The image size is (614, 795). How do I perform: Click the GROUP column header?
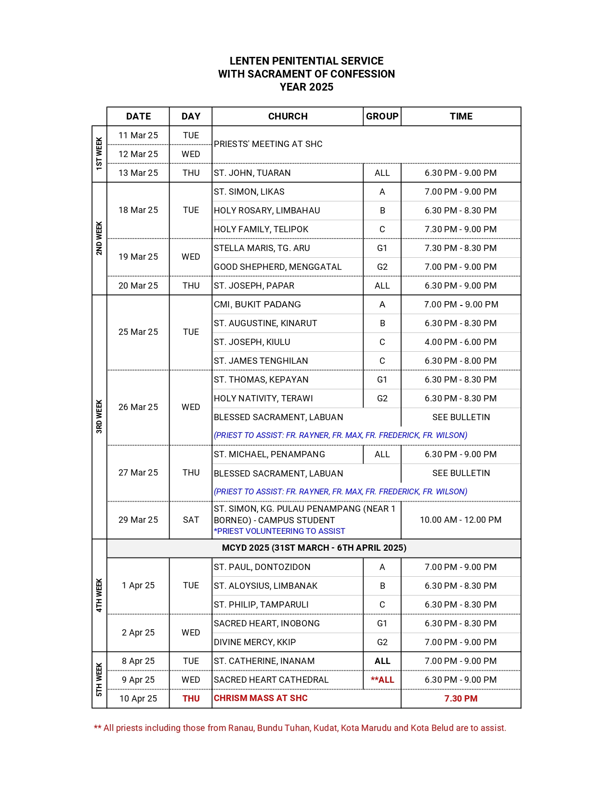tap(382, 116)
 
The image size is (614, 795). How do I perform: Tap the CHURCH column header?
tap(287, 116)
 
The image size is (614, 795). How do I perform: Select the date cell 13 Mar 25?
tap(138, 173)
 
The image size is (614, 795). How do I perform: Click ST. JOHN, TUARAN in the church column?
tap(252, 173)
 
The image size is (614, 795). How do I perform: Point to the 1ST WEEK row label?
tap(99, 154)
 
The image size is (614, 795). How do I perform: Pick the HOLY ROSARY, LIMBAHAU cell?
tap(267, 211)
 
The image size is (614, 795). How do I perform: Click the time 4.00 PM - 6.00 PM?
tap(460, 342)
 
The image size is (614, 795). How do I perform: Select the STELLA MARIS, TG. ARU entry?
tap(262, 248)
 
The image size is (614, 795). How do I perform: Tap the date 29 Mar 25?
tap(138, 520)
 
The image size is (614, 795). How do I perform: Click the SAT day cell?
tap(191, 520)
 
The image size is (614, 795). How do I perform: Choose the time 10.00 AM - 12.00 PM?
tap(460, 520)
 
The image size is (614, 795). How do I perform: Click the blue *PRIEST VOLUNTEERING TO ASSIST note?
tap(279, 531)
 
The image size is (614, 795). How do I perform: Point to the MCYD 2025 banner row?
tap(314, 548)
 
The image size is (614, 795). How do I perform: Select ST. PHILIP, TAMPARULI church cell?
tap(261, 605)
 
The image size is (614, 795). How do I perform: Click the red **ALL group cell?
tap(382, 680)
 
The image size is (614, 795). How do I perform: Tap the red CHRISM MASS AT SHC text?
tap(261, 698)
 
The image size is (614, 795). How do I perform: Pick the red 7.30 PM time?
tap(460, 699)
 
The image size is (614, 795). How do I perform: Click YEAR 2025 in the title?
tap(306, 87)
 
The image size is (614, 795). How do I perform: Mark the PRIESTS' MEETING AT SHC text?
tap(268, 144)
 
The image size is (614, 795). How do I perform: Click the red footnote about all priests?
tap(300, 728)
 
